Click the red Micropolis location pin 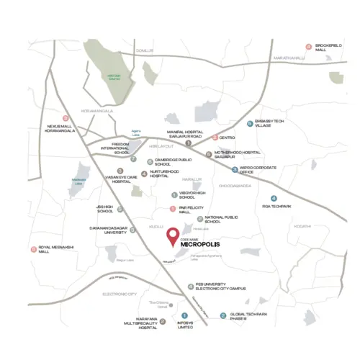coord(173,236)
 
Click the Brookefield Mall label coord(330,47)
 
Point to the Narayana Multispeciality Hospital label coord(138,323)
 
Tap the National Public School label coord(220,218)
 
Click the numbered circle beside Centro coord(215,137)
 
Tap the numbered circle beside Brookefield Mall coord(308,47)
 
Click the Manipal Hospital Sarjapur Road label coord(185,135)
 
